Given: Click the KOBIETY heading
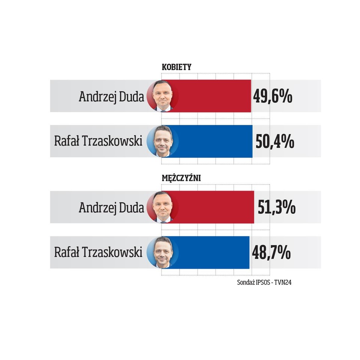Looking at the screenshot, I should pyautogui.click(x=176, y=67).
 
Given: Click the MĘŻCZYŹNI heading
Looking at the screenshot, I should pyautogui.click(x=181, y=178).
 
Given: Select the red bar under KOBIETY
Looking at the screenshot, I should pyautogui.click(x=214, y=96).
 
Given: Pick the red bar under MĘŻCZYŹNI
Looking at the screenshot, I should pyautogui.click(x=216, y=207).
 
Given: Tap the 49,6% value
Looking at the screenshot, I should pyautogui.click(x=273, y=97).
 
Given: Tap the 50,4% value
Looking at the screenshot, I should pyautogui.click(x=274, y=142).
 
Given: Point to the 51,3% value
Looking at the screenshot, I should pyautogui.click(x=276, y=208).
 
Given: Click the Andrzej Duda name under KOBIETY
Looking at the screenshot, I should pyautogui.click(x=111, y=97).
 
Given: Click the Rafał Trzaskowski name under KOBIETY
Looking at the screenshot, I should pyautogui.click(x=98, y=142).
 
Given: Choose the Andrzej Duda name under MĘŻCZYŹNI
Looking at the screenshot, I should pyautogui.click(x=111, y=207).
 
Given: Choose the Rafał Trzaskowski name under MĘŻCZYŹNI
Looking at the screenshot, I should pyautogui.click(x=98, y=252).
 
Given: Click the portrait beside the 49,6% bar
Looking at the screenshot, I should pyautogui.click(x=162, y=96).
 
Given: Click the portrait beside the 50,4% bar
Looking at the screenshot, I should pyautogui.click(x=162, y=141).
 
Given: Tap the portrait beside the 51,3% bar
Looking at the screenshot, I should pyautogui.click(x=162, y=207).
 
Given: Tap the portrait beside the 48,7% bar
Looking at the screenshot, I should pyautogui.click(x=162, y=252).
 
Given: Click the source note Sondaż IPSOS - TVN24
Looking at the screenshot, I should pyautogui.click(x=264, y=282).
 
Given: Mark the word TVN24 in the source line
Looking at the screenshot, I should pyautogui.click(x=283, y=282).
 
